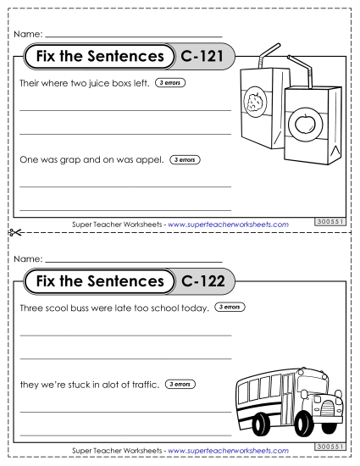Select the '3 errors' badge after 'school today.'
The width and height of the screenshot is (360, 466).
click(231, 307)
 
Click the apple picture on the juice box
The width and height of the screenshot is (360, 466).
click(302, 125)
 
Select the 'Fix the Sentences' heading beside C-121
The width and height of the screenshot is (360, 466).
click(95, 58)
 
